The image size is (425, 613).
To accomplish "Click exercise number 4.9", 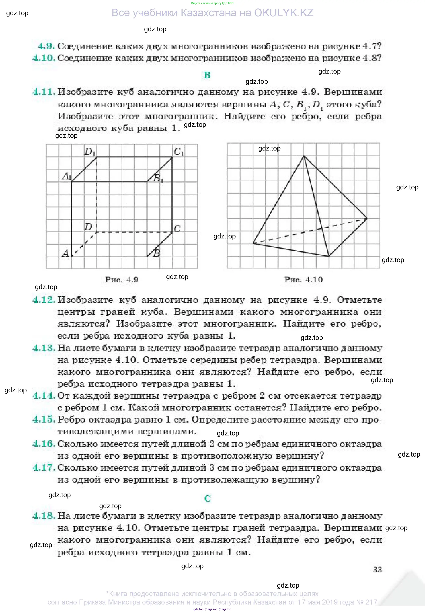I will [46, 46].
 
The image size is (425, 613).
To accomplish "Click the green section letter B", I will [207, 75].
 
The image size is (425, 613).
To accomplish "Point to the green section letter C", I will [208, 498].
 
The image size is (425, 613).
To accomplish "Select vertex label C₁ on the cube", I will [179, 152].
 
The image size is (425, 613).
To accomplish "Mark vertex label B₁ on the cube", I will [158, 178].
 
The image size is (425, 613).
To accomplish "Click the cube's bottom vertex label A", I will [66, 253].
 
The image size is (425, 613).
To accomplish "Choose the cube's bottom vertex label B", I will [157, 253].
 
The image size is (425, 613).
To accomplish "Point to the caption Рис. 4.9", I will [122, 280].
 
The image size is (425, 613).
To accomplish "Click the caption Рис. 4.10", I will [303, 280].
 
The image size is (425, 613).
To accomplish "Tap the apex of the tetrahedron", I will [304, 156].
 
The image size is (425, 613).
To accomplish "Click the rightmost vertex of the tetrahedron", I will [367, 218].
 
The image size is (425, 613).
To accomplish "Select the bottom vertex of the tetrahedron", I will [329, 256].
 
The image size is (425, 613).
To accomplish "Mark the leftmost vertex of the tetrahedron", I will [253, 243].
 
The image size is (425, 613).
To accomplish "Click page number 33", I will [377, 570].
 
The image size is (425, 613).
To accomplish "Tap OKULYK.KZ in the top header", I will [284, 13].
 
